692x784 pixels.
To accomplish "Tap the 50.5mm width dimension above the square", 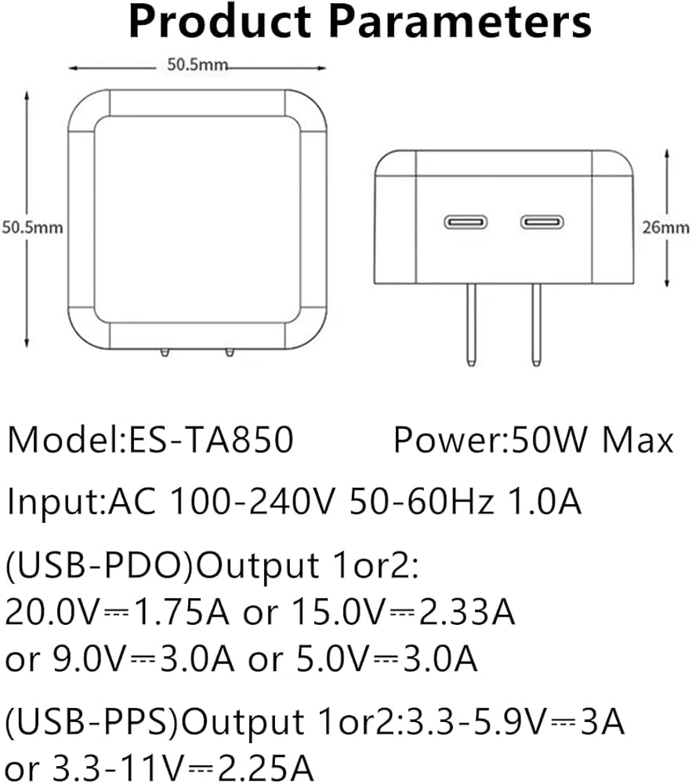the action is (197, 64).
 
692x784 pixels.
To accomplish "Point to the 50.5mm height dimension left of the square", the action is (32, 227).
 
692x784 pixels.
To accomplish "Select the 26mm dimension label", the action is (665, 227).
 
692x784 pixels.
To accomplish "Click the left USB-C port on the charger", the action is (466, 222).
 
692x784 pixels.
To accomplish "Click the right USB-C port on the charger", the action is (542, 222).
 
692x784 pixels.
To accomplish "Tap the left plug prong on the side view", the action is (471, 325).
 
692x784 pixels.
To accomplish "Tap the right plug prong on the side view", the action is (536, 325).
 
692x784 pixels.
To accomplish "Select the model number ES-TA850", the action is (212, 440).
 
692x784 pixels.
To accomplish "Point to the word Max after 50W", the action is (638, 440).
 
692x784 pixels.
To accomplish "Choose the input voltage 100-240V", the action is (252, 501).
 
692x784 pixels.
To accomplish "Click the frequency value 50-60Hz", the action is (422, 501).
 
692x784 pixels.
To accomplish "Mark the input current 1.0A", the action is (545, 501).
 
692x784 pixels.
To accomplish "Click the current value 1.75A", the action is (182, 612).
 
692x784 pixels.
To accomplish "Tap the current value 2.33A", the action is (466, 612).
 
